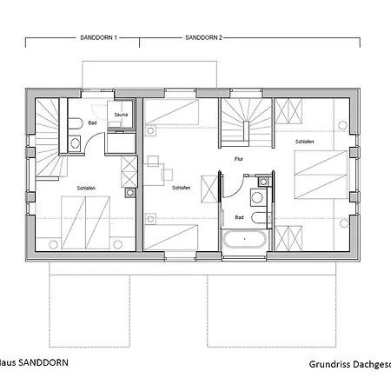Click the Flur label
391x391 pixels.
[x=239, y=159]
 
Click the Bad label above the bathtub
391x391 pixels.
[x=239, y=217]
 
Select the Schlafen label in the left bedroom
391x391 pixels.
[x=61, y=188]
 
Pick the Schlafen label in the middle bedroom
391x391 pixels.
[x=181, y=188]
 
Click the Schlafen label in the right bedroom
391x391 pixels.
[x=304, y=142]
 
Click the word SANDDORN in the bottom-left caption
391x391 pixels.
[x=39, y=362]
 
